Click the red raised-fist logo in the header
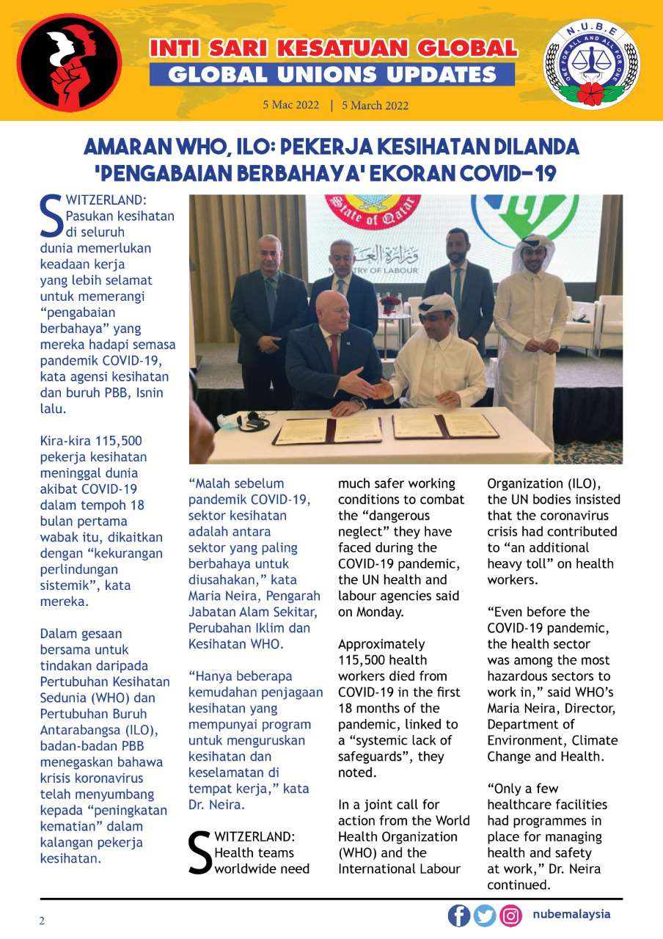[70, 62]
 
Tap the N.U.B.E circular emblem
[590, 64]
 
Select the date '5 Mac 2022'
[291, 105]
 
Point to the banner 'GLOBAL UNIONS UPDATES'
[332, 74]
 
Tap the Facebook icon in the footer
[459, 916]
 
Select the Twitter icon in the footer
[485, 916]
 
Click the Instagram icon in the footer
[510, 916]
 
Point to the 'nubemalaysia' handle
[571, 915]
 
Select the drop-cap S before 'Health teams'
[200, 852]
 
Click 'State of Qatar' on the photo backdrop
[376, 213]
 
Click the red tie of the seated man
[334, 353]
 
